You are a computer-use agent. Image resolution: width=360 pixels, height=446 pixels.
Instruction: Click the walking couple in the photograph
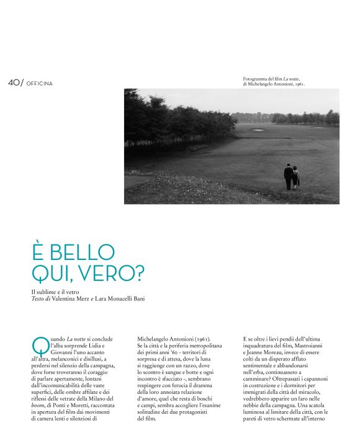pos(291,177)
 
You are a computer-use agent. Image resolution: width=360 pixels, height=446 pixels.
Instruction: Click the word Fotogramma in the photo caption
pos(256,79)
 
